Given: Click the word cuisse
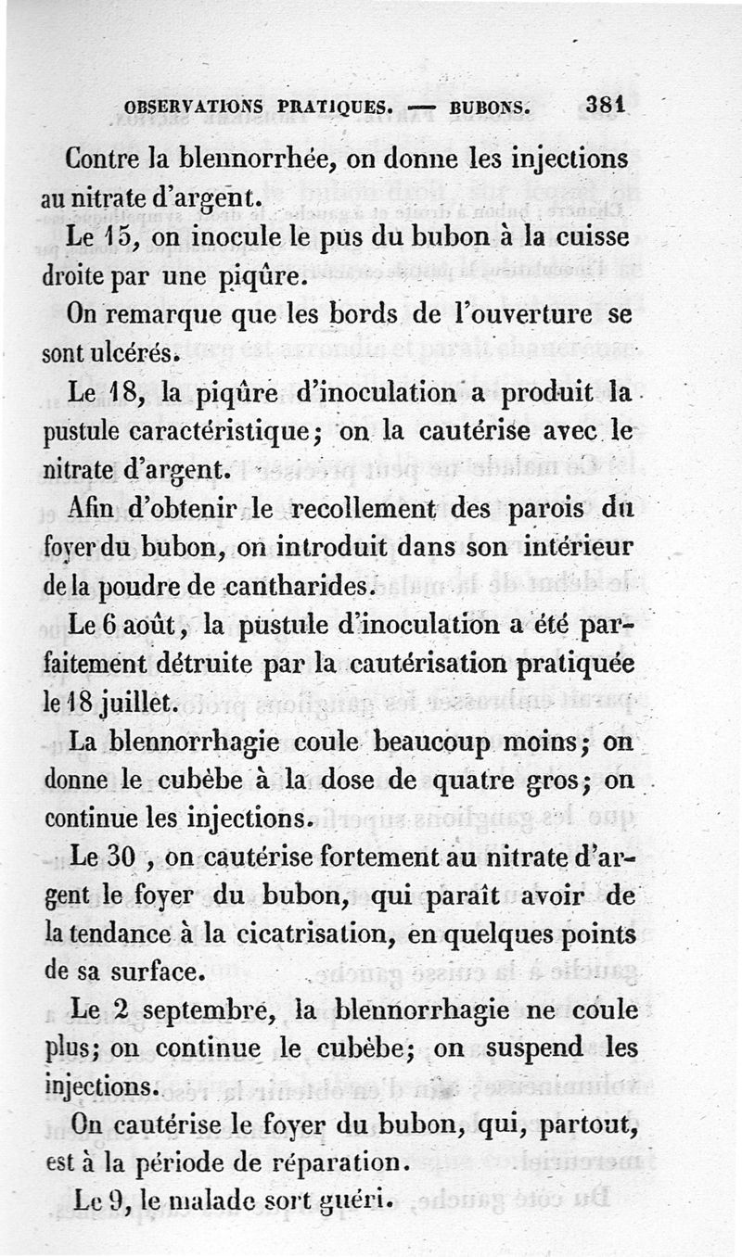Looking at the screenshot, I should tap(591, 236).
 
